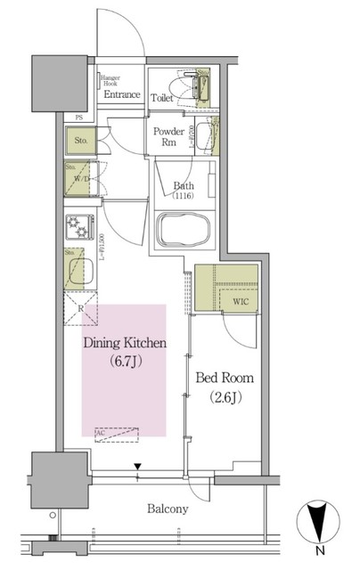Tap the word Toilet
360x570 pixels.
(162, 99)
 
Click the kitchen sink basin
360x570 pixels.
(81, 270)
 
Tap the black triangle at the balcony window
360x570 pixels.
(137, 466)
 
